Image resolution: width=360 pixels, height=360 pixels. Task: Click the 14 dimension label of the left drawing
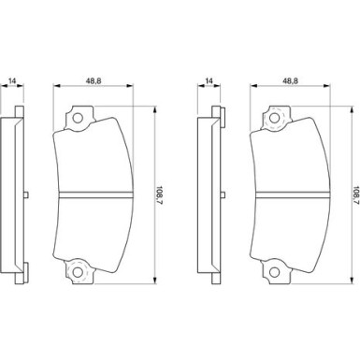pyautogui.click(x=12, y=80)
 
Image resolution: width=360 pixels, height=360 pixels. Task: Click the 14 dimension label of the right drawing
pyautogui.click(x=209, y=80)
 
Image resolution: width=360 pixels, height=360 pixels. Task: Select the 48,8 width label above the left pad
pyautogui.click(x=94, y=80)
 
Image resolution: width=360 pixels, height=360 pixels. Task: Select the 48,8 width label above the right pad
pyautogui.click(x=290, y=80)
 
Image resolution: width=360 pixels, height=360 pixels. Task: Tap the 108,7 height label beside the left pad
pyautogui.click(x=160, y=194)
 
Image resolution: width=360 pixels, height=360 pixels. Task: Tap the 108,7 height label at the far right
pyautogui.click(x=356, y=194)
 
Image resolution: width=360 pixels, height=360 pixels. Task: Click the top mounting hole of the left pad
pyautogui.click(x=78, y=119)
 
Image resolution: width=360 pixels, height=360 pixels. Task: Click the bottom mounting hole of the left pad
pyautogui.click(x=78, y=272)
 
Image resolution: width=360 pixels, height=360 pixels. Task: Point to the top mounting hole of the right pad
pyautogui.click(x=274, y=119)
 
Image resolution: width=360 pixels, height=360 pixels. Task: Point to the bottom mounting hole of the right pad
pyautogui.click(x=274, y=272)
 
